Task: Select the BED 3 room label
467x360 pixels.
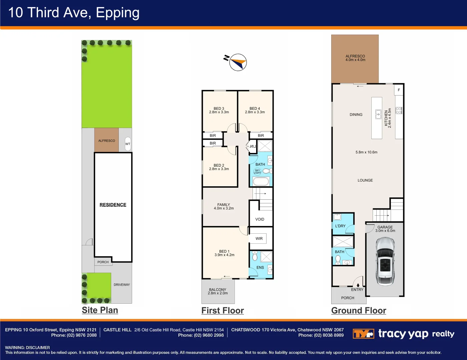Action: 219,110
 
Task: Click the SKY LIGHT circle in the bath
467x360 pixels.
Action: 257,171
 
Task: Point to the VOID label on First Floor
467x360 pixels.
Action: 260,219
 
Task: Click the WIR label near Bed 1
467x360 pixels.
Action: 259,239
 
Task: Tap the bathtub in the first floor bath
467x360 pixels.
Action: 261,182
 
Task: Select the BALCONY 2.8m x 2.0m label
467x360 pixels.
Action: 217,291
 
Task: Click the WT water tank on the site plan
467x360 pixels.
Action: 128,144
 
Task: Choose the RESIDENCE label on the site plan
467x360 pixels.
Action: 113,205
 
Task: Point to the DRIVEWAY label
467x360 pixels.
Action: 122,285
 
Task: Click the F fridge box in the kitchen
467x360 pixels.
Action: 399,90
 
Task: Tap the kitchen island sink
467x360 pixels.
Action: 378,114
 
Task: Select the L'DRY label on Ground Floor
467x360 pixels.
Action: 340,226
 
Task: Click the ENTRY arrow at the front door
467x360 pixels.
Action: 358,285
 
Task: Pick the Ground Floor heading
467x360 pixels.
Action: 359,310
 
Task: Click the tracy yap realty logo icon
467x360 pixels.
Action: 363,334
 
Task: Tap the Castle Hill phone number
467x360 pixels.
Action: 201,335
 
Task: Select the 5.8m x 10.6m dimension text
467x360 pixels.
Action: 366,152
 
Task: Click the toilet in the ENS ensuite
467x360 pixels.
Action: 255,256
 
